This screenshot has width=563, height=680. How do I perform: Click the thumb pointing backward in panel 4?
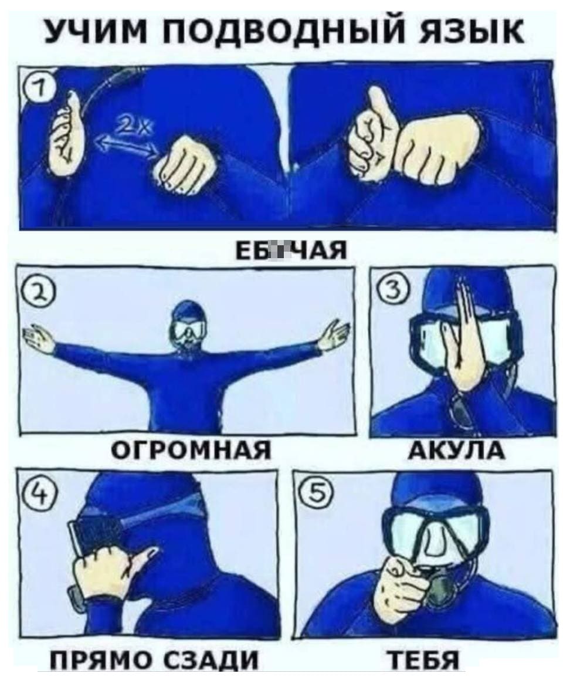[141, 553]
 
